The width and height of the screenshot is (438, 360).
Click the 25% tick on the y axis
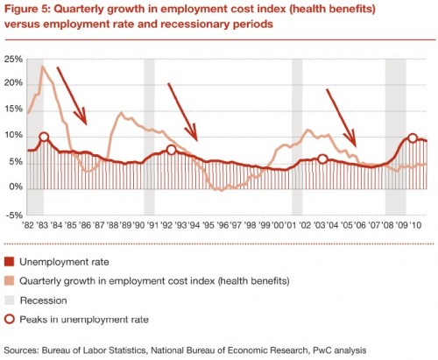13,60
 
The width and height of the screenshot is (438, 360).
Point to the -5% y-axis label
14,215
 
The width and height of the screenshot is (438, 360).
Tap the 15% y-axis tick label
13,109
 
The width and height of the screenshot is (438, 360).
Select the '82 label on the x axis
29,225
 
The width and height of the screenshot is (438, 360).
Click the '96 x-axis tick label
223,225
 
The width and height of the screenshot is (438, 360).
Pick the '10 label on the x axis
415,225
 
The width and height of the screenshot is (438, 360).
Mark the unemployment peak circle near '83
44,137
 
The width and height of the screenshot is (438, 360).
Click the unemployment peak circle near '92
172,150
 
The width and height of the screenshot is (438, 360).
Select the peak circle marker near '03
322,159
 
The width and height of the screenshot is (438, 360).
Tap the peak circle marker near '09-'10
413,138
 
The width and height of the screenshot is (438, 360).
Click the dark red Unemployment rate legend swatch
10,262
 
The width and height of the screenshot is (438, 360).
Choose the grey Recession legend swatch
10,300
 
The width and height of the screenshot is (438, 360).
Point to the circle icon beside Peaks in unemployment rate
10,319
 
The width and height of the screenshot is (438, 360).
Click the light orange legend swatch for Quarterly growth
10,281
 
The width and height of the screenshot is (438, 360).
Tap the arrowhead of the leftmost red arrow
82,117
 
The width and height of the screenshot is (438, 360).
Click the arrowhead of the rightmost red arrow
352,140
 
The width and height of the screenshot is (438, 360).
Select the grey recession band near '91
149,137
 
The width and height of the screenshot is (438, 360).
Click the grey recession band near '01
297,137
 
